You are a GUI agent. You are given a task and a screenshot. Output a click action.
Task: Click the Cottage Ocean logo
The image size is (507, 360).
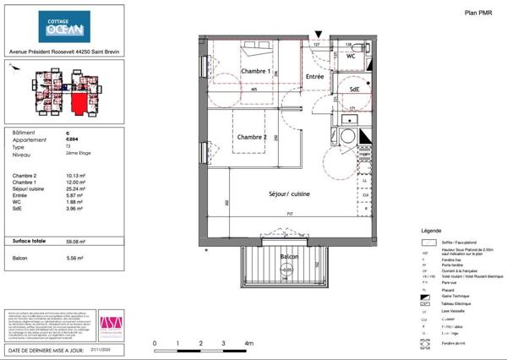[x=64, y=28]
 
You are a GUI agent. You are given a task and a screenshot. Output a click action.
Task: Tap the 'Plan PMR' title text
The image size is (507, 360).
[x=480, y=12]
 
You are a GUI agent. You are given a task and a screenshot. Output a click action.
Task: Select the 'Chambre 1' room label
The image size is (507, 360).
[x=256, y=72]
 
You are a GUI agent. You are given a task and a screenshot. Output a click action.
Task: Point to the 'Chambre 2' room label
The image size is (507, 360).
[x=252, y=137]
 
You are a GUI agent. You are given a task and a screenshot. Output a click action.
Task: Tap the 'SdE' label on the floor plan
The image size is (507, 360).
[x=355, y=90]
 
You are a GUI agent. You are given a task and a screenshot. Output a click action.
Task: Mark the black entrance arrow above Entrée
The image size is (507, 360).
[x=317, y=31]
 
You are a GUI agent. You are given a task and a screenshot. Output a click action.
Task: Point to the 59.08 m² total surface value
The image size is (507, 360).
[x=73, y=241]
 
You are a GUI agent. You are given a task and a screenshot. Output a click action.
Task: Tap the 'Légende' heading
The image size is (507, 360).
[x=431, y=231]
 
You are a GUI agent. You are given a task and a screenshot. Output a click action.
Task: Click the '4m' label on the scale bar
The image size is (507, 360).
[x=249, y=344]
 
